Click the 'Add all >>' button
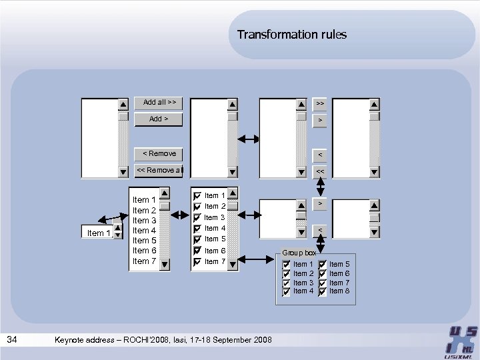(159, 103)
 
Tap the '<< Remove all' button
(159, 171)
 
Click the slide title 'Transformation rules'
(291, 35)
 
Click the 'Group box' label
(299, 253)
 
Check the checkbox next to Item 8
(323, 291)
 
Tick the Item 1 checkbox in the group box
(287, 265)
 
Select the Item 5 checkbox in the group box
(323, 265)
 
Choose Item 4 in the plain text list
(145, 231)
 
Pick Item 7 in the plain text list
(145, 261)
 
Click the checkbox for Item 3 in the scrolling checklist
(197, 218)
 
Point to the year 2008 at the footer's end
(262, 341)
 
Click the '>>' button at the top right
(320, 104)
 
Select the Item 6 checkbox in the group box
(323, 274)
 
